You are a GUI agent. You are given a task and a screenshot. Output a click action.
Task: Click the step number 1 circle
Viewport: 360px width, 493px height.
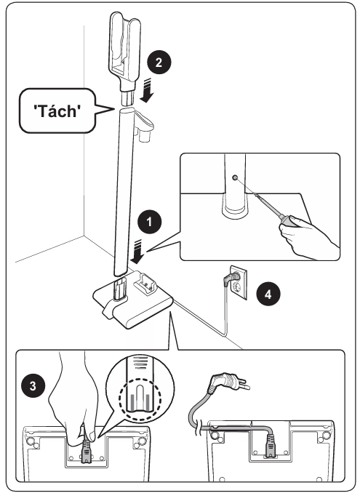[x=150, y=222]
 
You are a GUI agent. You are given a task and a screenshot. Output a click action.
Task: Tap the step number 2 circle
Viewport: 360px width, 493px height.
[x=159, y=62]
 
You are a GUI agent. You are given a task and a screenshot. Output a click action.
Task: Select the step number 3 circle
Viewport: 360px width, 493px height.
[x=33, y=386]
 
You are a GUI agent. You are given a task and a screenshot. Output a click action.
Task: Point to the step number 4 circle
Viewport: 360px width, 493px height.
[x=268, y=294]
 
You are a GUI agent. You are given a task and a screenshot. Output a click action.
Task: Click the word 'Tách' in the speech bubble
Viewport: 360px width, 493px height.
[x=57, y=111]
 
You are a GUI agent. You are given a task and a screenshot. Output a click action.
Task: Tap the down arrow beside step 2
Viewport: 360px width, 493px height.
[x=147, y=91]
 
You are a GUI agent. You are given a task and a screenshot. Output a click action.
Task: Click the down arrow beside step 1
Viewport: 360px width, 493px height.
[x=137, y=252]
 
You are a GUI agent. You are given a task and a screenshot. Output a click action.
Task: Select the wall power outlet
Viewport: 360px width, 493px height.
[x=239, y=282]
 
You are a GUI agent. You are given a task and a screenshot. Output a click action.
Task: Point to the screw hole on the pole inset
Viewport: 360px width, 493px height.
[x=235, y=178]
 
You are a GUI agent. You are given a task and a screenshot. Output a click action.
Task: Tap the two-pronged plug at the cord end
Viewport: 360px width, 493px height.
[x=228, y=381]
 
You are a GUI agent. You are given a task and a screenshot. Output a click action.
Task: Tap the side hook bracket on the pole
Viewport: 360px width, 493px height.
[x=144, y=124]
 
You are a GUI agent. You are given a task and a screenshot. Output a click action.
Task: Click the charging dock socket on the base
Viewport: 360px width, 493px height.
[x=145, y=284]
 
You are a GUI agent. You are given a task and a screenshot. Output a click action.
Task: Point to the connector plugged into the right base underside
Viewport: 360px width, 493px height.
[x=270, y=446]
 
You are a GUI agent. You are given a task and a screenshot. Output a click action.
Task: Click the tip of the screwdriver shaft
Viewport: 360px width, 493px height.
[x=239, y=181]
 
